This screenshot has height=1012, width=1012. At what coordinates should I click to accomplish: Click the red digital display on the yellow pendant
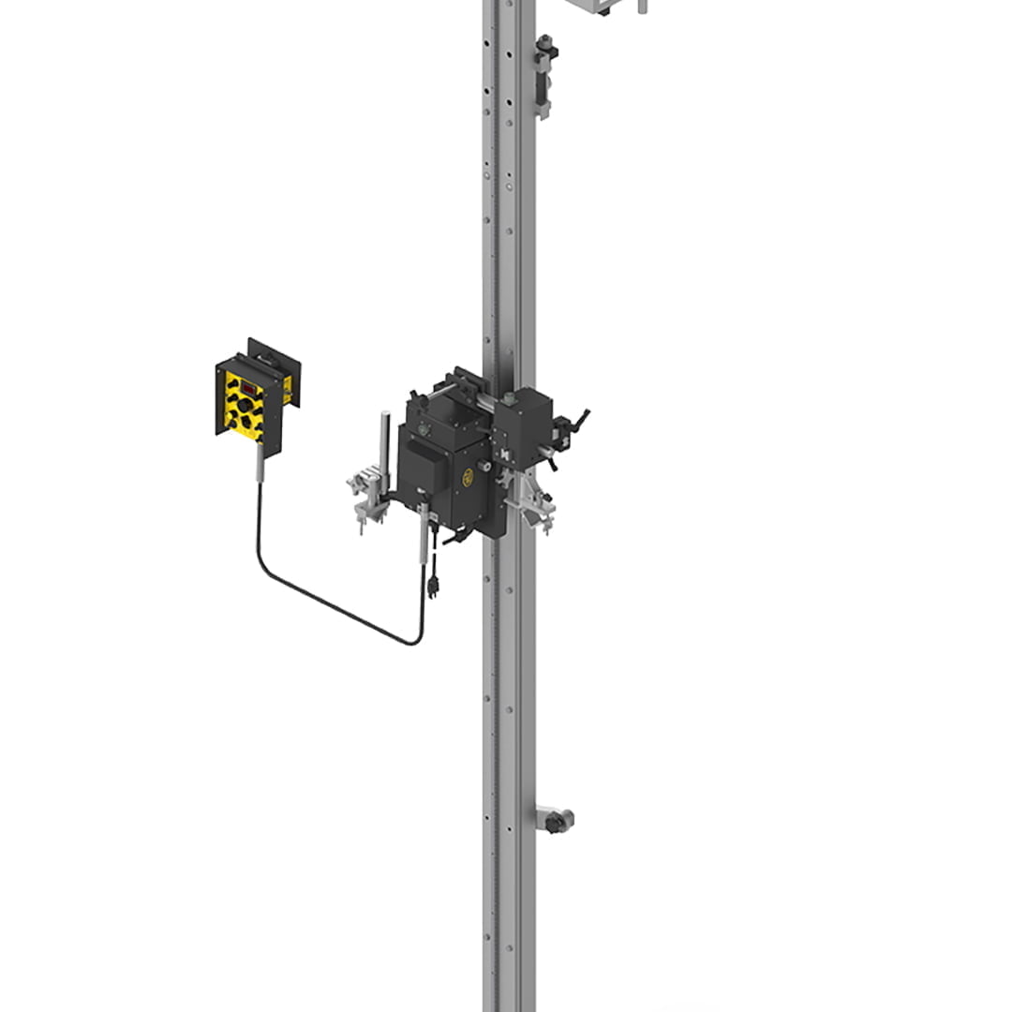(250, 387)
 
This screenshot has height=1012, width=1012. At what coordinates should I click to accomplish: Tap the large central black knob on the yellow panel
(245, 406)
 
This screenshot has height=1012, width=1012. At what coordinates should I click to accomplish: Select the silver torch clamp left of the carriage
(367, 497)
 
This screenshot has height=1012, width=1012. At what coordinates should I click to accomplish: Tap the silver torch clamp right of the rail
(530, 506)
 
